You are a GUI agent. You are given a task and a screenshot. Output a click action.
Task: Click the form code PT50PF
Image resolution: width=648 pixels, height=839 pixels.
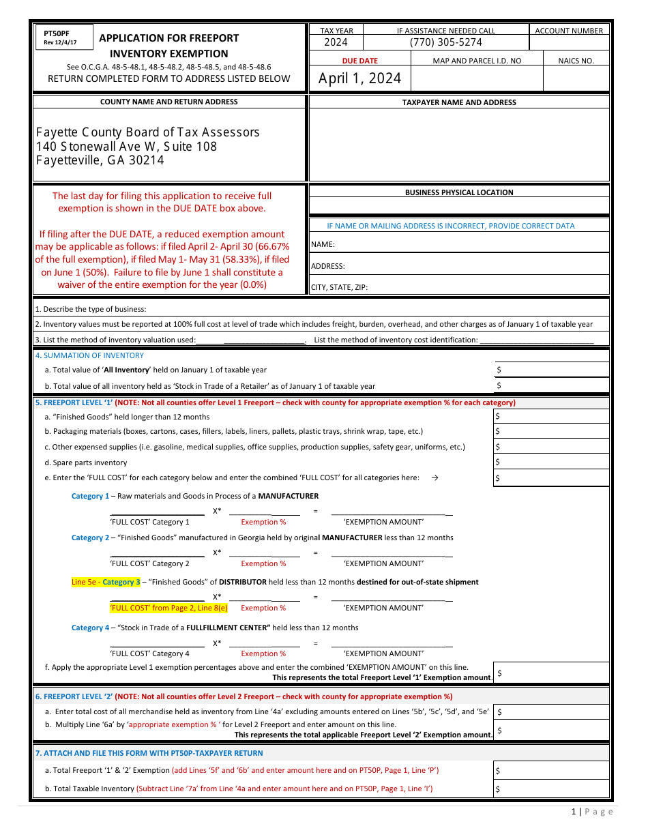[x=56, y=33]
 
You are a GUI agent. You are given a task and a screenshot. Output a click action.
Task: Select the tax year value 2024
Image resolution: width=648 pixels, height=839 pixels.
[x=336, y=42]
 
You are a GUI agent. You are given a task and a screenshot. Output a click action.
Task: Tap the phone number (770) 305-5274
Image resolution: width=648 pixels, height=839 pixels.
[x=446, y=42]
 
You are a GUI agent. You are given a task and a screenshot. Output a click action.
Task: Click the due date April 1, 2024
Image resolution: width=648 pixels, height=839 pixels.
[x=359, y=78]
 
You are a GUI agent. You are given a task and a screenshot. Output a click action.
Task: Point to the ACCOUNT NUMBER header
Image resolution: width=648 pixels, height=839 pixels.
[x=569, y=31]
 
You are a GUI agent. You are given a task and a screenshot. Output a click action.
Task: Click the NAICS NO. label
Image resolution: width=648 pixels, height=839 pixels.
[x=576, y=61]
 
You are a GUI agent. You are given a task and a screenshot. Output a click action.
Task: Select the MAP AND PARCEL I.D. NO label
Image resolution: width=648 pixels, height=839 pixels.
[x=477, y=61]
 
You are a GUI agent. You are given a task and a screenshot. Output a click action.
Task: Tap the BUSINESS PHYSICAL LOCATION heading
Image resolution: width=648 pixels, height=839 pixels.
[x=459, y=192]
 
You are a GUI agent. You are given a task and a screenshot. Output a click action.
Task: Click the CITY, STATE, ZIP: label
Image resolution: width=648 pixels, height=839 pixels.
[x=339, y=287]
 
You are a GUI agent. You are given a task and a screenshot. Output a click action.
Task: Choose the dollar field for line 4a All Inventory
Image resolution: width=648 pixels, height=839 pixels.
[x=551, y=370]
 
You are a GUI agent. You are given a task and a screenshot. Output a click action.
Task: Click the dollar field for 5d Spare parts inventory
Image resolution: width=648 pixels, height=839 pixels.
[x=551, y=462]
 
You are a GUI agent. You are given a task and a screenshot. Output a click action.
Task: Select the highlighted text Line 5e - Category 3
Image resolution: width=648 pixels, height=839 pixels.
[x=106, y=582]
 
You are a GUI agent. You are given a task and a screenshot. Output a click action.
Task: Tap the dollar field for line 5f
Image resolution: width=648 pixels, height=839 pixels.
[x=551, y=673]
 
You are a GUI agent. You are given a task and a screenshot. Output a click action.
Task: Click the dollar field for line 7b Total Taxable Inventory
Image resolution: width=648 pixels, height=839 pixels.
[x=551, y=789]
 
